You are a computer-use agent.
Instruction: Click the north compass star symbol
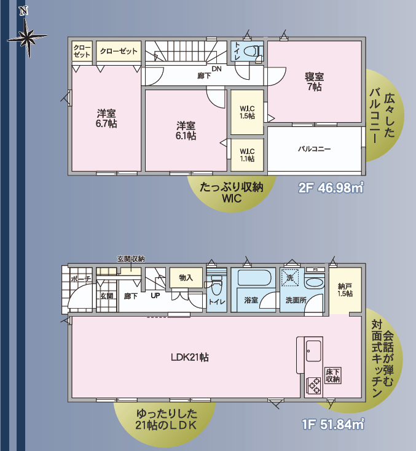tap(28, 37)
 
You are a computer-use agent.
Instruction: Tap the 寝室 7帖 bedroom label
tap(315, 82)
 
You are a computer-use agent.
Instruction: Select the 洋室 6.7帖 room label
tap(106, 118)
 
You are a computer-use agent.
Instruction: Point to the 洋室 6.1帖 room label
tap(186, 130)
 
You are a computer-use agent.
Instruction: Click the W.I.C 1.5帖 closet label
tap(247, 112)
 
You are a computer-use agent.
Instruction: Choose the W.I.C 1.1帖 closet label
tap(247, 155)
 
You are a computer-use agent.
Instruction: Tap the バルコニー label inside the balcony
tap(315, 149)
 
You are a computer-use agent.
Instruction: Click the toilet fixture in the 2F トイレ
tap(253, 51)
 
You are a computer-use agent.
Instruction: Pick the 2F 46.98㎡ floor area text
tap(331, 188)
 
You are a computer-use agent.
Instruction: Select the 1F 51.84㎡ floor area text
tap(333, 424)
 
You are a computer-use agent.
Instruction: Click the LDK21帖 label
tap(189, 357)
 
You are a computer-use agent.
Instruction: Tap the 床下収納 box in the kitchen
tap(333, 376)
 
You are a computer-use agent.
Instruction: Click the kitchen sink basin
tap(313, 351)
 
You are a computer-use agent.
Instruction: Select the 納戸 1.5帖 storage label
tap(345, 290)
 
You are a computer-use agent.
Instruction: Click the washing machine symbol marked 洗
tap(290, 277)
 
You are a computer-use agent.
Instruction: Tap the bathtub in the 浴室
tap(254, 277)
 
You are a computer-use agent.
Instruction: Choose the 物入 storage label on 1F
tap(186, 277)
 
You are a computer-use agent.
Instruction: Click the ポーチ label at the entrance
tap(80, 279)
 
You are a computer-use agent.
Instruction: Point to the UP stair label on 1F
tap(155, 295)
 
